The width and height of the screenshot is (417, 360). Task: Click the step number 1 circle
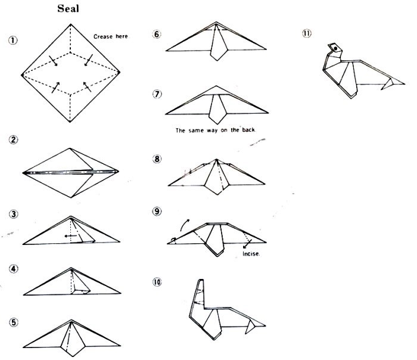click(x=13, y=41)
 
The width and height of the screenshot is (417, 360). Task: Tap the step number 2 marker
click(x=13, y=141)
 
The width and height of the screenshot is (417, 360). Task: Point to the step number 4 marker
click(x=13, y=268)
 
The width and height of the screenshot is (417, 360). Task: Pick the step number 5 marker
click(x=13, y=322)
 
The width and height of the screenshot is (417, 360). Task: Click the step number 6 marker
click(x=157, y=34)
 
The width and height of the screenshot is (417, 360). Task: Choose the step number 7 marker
click(x=157, y=94)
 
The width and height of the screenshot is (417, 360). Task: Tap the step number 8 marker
click(x=157, y=159)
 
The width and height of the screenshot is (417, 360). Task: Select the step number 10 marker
click(x=157, y=282)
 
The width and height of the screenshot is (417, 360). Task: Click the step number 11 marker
click(x=307, y=33)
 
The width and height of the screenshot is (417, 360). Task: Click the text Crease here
click(x=111, y=36)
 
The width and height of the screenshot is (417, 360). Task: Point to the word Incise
click(x=251, y=254)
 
